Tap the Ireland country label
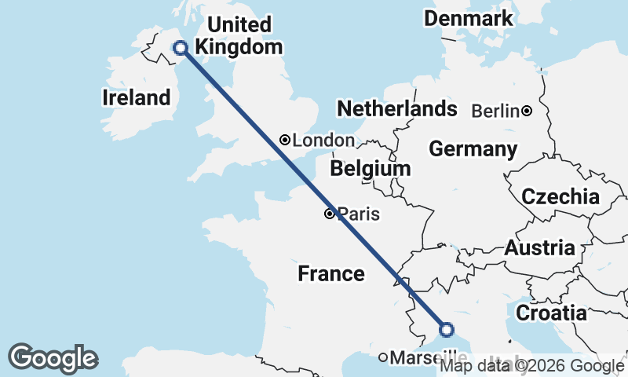point(136,98)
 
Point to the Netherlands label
point(396,108)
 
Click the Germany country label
point(473,149)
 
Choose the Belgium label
point(371,169)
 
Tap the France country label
point(331,274)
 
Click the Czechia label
point(560,197)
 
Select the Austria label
point(539,248)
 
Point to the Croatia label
point(551,313)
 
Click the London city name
point(323,141)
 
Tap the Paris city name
point(359,214)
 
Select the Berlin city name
point(495,112)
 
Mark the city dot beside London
point(285,140)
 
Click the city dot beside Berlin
point(528,111)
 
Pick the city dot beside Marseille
point(383,358)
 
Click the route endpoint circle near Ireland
point(180,48)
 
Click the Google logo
point(53,358)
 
